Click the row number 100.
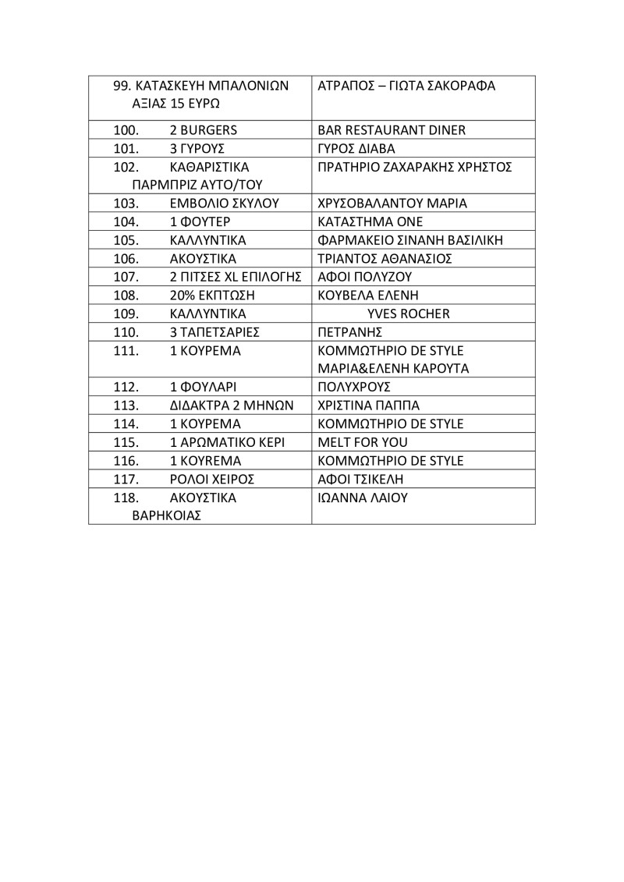(126, 130)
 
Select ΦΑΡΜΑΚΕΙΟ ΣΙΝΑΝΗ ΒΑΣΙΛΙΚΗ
(411, 239)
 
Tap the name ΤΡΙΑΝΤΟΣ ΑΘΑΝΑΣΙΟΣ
(385, 258)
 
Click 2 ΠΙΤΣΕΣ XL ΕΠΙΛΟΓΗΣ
(236, 277)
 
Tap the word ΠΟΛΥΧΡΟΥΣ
(354, 388)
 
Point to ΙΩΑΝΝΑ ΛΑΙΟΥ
(363, 498)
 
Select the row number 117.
(126, 479)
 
